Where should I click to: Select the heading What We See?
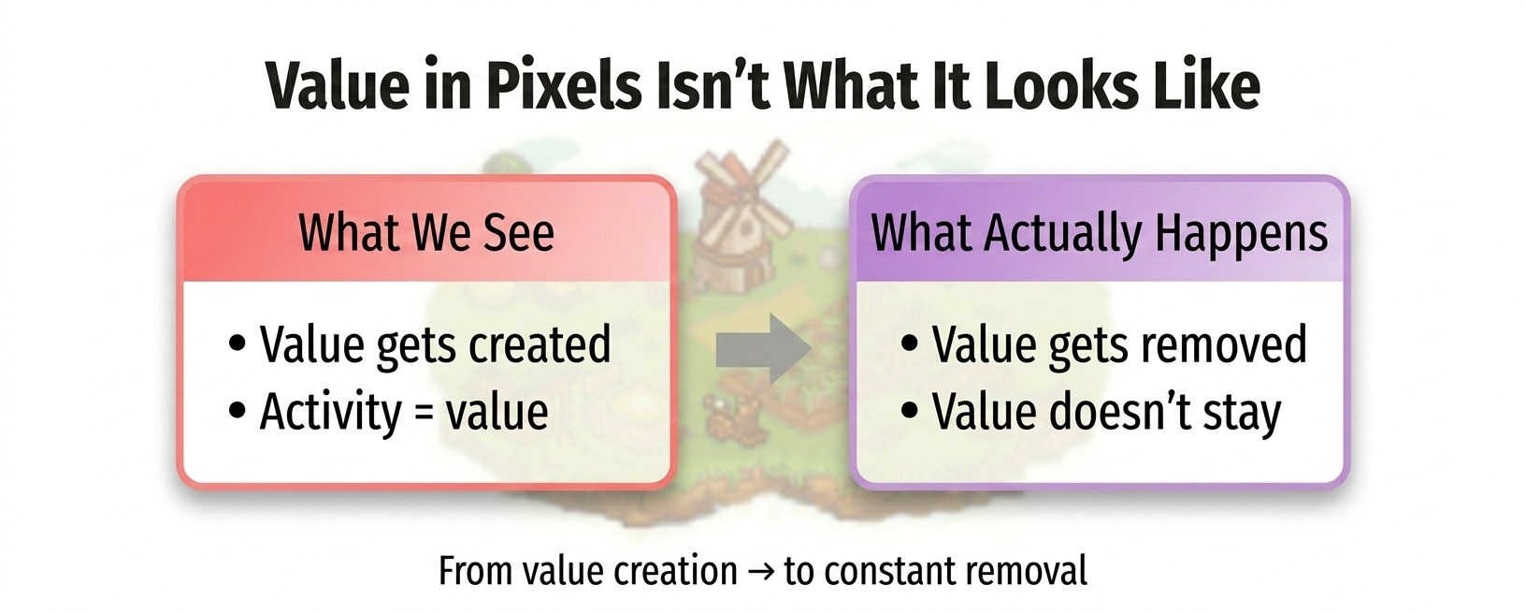(426, 233)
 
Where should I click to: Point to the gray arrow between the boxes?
(763, 349)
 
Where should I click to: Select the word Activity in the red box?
(330, 413)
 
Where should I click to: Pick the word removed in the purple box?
(1224, 344)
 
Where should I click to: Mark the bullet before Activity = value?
(238, 411)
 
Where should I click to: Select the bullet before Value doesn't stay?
(909, 411)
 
